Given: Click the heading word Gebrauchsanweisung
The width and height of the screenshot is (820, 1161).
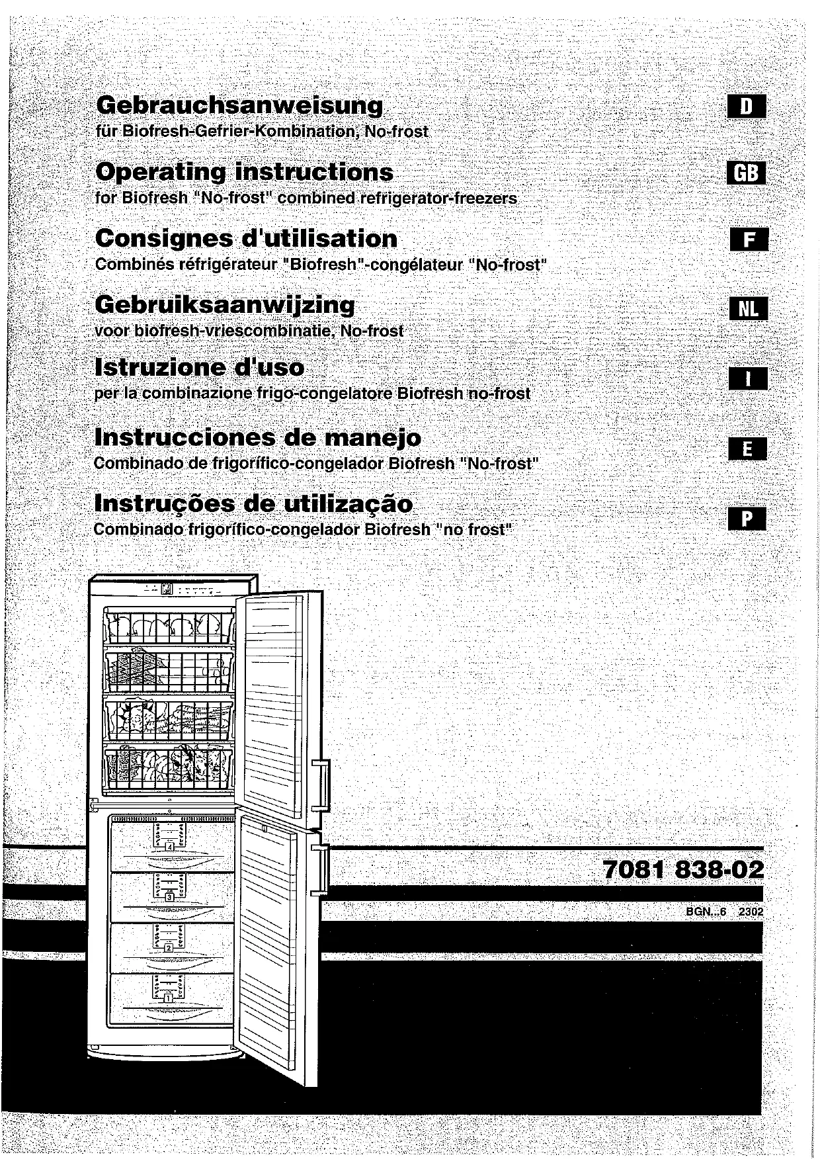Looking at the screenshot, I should point(239,106).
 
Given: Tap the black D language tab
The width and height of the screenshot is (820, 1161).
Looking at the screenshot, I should point(746,107).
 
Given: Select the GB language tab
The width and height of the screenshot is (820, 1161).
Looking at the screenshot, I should point(746,173).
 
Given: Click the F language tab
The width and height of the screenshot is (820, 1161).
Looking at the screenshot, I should point(748,239).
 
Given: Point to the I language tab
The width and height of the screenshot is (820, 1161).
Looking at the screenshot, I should point(748,379).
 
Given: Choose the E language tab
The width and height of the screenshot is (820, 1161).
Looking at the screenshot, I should point(747,449).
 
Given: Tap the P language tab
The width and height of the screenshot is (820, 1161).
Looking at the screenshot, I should point(747,519).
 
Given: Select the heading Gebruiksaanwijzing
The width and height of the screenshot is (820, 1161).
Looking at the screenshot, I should point(225,305).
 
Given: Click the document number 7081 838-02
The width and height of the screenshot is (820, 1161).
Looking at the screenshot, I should point(683,869).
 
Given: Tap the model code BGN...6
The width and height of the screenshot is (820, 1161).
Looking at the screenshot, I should point(706,912).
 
